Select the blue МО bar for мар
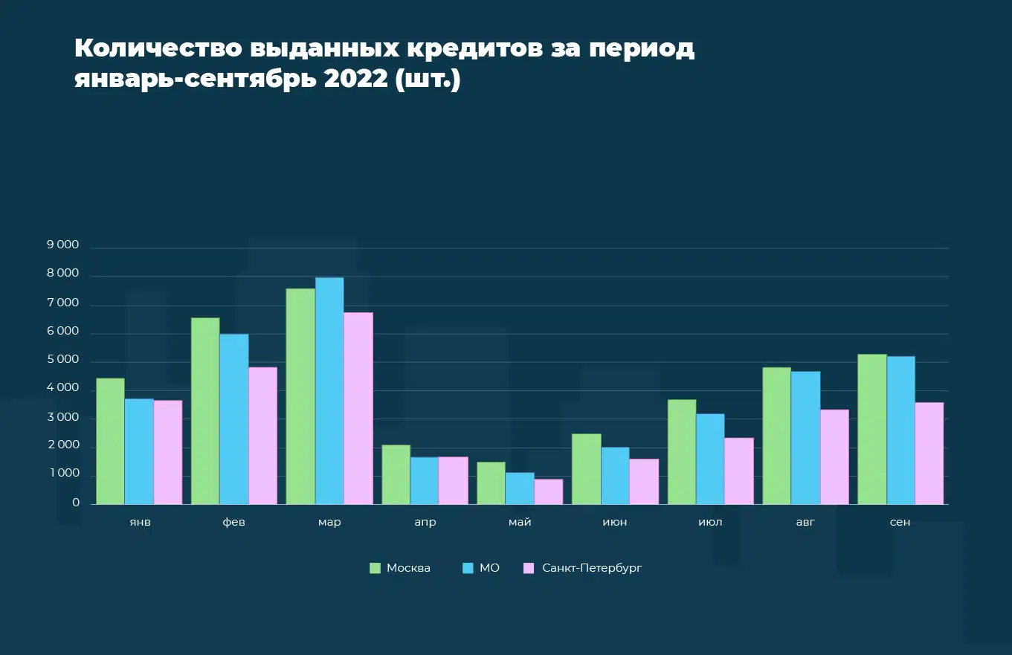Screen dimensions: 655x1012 (329, 391)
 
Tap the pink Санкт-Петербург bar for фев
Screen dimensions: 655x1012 (262, 436)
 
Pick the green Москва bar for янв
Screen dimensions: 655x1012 (110, 441)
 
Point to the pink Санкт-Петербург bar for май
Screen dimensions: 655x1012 (549, 491)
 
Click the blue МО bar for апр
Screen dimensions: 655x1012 (425, 480)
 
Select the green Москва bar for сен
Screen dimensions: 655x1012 (872, 429)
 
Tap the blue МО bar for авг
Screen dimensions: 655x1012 (805, 438)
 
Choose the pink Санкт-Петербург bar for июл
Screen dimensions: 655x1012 (739, 471)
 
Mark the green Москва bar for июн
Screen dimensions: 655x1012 (587, 469)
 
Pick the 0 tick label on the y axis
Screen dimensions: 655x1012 (76, 503)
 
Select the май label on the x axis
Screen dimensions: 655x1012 (520, 522)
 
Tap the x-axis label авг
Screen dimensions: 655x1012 (805, 522)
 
